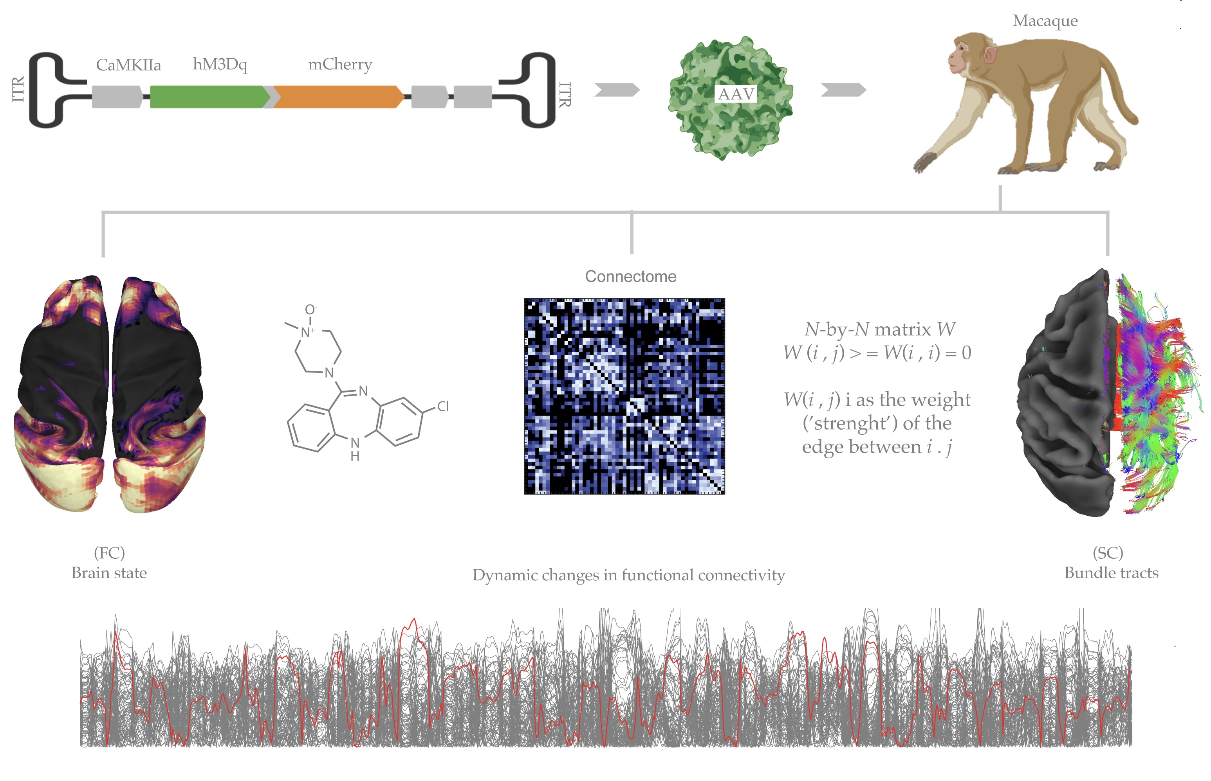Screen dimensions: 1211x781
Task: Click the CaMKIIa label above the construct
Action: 128,65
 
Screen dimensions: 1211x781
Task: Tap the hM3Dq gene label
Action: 220,65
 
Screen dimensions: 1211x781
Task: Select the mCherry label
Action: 340,65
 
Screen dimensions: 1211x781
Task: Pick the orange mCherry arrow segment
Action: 338,97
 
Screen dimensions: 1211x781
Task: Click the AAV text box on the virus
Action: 736,94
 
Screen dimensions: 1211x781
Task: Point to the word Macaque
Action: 1045,21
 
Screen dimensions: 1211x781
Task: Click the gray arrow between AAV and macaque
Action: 843,90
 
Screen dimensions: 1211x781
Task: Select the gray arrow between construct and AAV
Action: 617,90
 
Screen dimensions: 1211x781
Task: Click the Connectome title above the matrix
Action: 631,276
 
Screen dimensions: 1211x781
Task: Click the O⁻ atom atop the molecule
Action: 310,310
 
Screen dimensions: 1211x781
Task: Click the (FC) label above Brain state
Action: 109,553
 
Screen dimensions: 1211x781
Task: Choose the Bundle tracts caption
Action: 1111,573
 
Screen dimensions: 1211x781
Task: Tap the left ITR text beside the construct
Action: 18,89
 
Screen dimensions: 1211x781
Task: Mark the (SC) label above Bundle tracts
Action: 1108,553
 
